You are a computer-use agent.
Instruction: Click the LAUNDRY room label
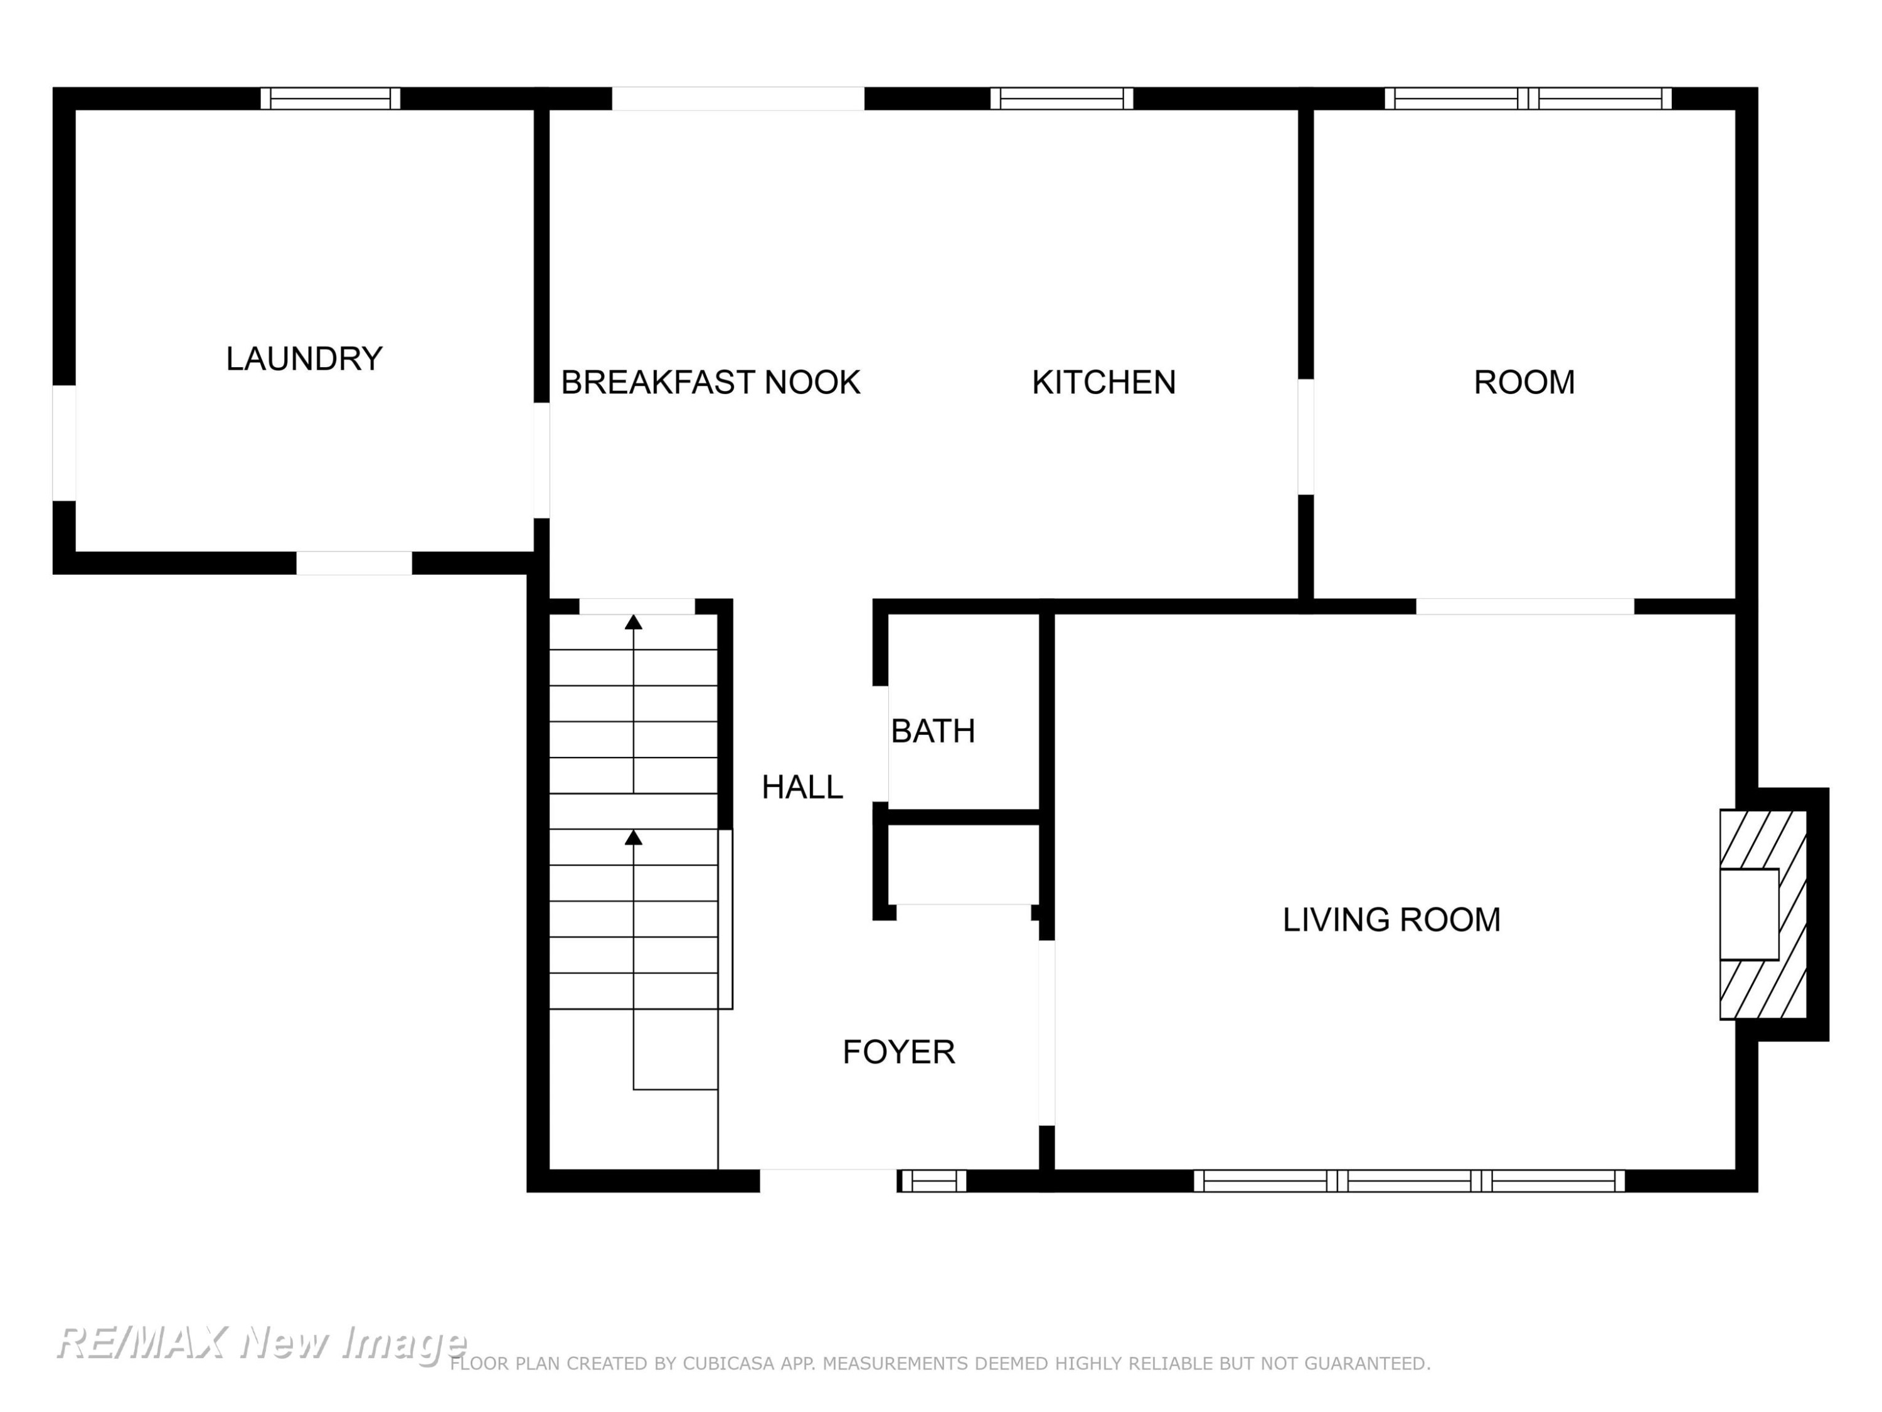pyautogui.click(x=304, y=358)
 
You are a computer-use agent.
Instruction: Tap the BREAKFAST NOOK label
pyautogui.click(x=710, y=382)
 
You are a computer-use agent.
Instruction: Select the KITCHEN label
pyautogui.click(x=1103, y=382)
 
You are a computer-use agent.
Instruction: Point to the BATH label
pyautogui.click(x=932, y=731)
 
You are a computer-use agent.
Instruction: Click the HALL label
pyautogui.click(x=802, y=788)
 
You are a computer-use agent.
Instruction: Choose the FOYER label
pyautogui.click(x=898, y=1052)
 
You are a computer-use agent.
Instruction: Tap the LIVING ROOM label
pyautogui.click(x=1391, y=919)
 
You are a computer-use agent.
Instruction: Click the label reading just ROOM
pyautogui.click(x=1524, y=382)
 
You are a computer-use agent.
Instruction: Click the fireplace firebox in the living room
pyautogui.click(x=1749, y=914)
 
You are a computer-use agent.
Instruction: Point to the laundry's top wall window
pyautogui.click(x=330, y=99)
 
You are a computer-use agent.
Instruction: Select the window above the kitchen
pyautogui.click(x=1062, y=99)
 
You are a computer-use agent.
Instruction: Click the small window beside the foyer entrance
pyautogui.click(x=932, y=1180)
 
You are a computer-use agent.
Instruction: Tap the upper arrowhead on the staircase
pyautogui.click(x=633, y=622)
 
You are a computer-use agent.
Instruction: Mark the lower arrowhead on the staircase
pyautogui.click(x=633, y=838)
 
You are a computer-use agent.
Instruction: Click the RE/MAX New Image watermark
pyautogui.click(x=261, y=1343)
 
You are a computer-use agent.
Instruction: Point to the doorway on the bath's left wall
pyautogui.click(x=881, y=744)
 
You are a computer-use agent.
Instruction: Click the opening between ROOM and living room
pyautogui.click(x=1524, y=606)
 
